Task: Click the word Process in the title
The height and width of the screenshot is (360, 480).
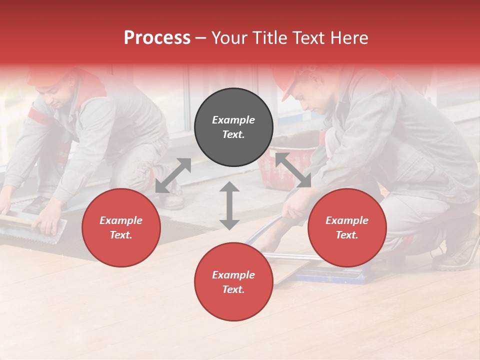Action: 157,38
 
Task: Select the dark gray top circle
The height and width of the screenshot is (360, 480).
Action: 233,127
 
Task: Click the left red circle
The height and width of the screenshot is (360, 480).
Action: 121,227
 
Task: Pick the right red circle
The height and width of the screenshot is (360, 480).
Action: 346,227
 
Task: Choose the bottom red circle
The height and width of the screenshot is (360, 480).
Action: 233,282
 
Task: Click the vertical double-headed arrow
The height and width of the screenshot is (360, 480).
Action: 229,205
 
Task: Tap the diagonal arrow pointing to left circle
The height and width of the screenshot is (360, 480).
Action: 173,175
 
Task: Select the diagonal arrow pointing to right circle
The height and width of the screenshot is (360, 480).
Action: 293,170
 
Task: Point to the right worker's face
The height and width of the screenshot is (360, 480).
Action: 312,97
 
